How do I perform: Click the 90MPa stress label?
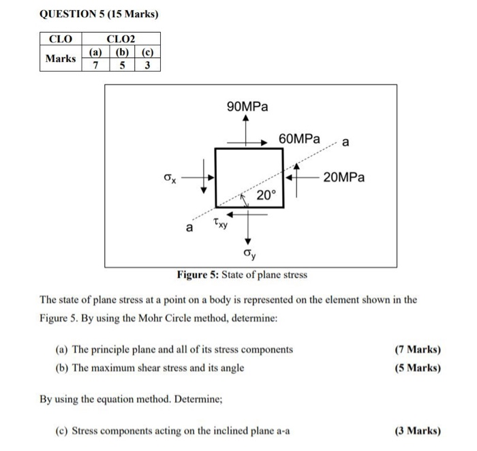pyautogui.click(x=247, y=106)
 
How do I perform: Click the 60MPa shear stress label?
pyautogui.click(x=300, y=139)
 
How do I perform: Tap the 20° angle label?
pyautogui.click(x=266, y=196)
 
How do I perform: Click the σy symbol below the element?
pyautogui.click(x=249, y=254)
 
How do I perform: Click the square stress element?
pyautogui.click(x=249, y=177)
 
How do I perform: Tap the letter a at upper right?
pyautogui.click(x=345, y=143)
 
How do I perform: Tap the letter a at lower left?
pyautogui.click(x=190, y=226)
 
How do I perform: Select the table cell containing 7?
pyautogui.click(x=95, y=65)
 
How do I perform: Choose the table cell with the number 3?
pyautogui.click(x=147, y=65)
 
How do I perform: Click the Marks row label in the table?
pyautogui.click(x=61, y=58)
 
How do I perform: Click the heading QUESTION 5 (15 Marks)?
pyautogui.click(x=94, y=14)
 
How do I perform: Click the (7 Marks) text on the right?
pyautogui.click(x=417, y=349)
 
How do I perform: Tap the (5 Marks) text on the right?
pyautogui.click(x=417, y=368)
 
